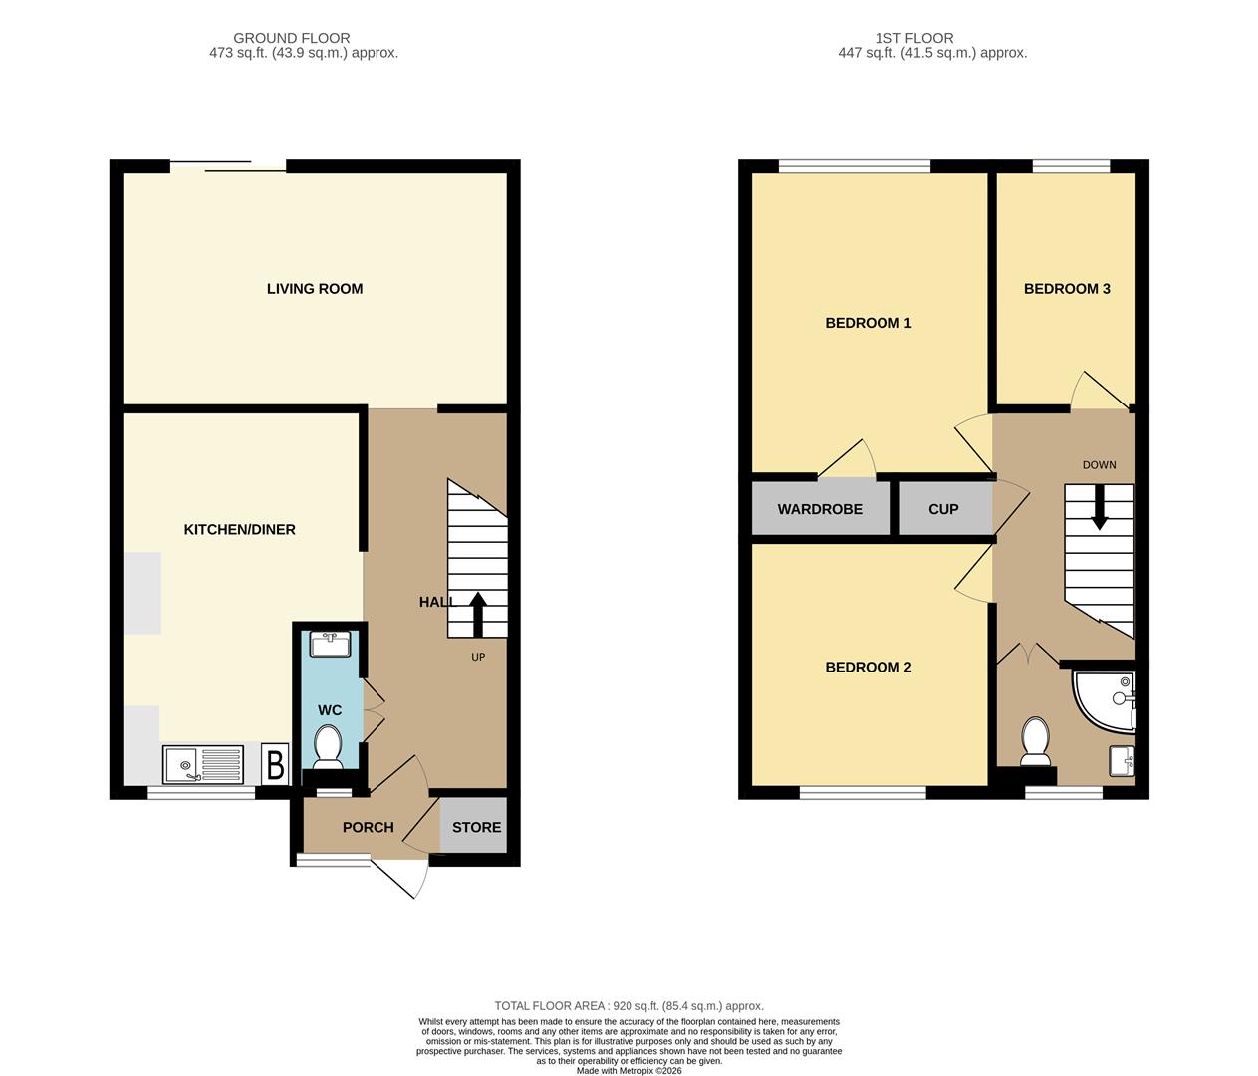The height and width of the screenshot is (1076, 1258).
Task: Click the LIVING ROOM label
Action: pos(315,289)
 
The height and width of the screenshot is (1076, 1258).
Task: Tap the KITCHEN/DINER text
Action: pos(240,530)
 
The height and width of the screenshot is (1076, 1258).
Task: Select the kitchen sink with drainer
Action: pos(203,765)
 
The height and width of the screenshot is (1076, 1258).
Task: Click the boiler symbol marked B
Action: pos(275,764)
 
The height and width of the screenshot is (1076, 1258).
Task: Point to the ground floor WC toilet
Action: pos(328,746)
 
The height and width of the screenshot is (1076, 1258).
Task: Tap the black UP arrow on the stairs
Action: pos(478,614)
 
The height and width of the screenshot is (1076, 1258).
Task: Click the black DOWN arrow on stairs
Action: pos(1100,507)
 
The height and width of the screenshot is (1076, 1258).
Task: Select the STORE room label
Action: pos(476,827)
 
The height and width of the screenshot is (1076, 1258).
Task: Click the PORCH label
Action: pos(369,827)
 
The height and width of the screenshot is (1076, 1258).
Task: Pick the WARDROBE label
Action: pos(820,509)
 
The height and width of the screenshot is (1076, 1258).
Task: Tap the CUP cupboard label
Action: pos(943,509)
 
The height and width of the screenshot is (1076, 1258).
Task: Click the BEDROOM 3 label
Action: pos(1067,289)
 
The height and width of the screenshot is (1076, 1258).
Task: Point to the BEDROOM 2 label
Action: pos(869,667)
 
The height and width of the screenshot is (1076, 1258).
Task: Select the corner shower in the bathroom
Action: pos(1105,700)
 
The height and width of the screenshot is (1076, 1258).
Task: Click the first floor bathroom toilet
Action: pos(1035,741)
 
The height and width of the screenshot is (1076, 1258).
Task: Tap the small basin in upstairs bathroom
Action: pos(1122,761)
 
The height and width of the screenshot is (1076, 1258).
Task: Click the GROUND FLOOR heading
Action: pos(292,38)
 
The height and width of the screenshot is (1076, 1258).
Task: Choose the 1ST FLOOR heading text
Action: pos(914,38)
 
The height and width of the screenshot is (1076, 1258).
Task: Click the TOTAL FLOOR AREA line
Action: pos(629,1006)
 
